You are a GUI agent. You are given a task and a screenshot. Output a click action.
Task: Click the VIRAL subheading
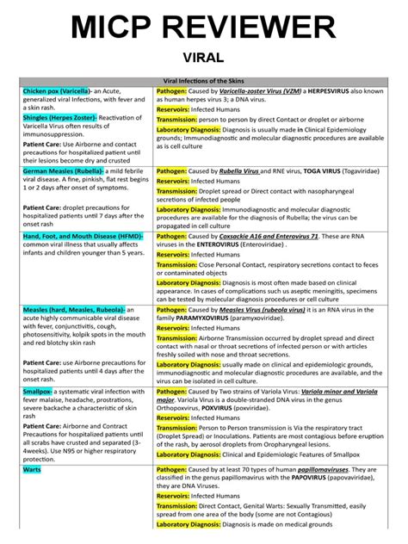204,58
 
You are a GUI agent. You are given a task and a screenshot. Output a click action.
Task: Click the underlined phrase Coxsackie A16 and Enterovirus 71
269,234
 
